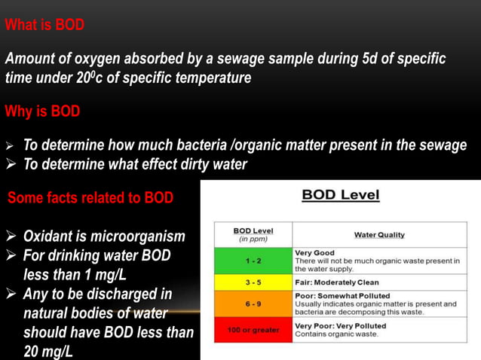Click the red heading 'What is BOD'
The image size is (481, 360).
tap(44, 25)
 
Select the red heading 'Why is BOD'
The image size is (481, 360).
tap(42, 112)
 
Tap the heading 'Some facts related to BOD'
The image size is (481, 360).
tap(90, 198)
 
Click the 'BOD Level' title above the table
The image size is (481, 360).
tap(341, 196)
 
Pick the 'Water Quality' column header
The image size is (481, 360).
tap(378, 235)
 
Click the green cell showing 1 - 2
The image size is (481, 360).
tap(253, 261)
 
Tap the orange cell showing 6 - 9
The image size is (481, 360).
tap(253, 304)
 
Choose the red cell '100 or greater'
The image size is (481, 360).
tap(253, 330)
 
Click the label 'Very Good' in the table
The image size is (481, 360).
tap(315, 252)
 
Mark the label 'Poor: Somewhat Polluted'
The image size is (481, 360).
tap(336, 296)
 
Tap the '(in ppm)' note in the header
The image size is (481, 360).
tap(253, 239)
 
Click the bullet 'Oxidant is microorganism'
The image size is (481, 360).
tap(104, 236)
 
